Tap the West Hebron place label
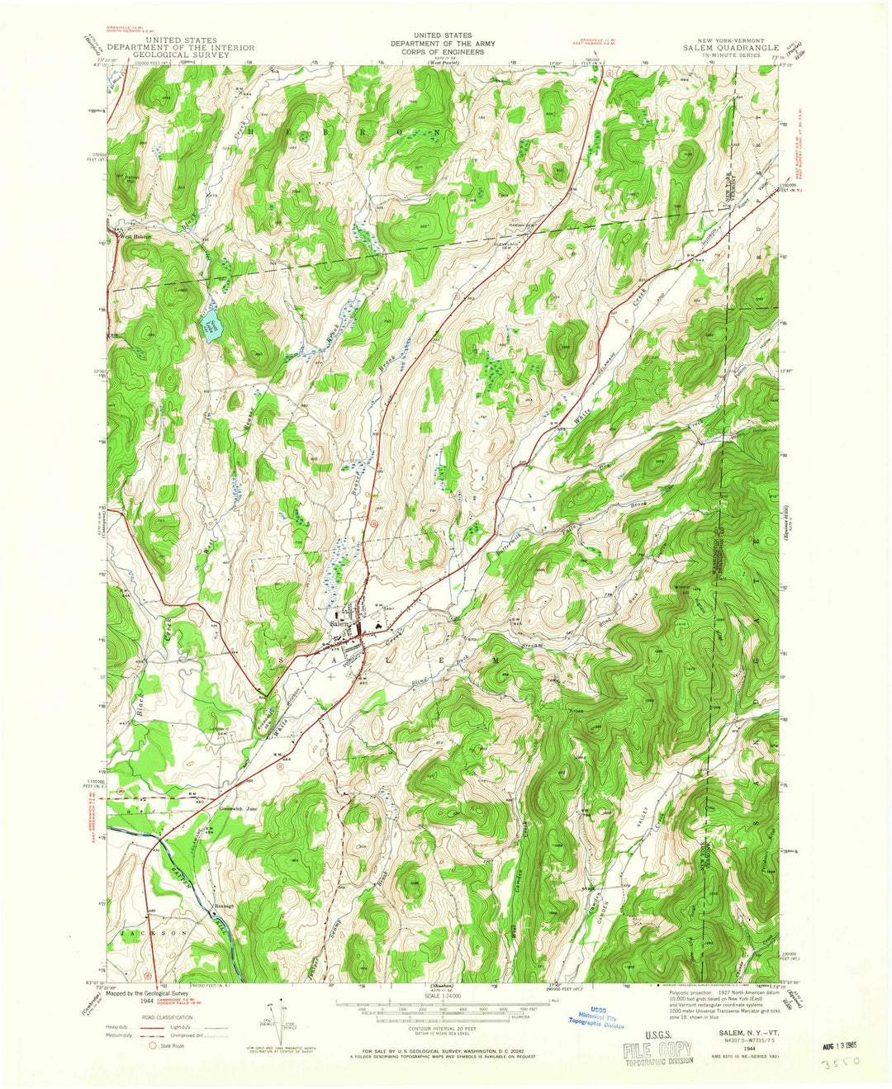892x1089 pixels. coord(137,235)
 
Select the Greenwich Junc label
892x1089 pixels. coord(240,809)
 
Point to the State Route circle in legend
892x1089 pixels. coord(151,1044)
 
